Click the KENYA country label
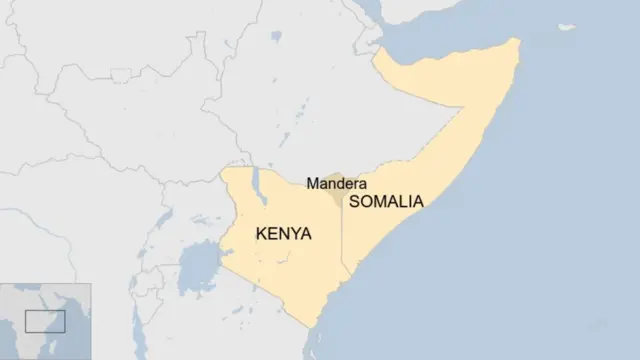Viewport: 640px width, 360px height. click(283, 234)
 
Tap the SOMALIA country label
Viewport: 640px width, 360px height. click(386, 201)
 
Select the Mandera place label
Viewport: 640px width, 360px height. click(335, 183)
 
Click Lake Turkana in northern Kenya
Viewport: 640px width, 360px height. click(259, 185)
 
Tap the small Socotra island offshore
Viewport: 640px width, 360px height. click(566, 27)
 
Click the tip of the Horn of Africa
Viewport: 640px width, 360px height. click(518, 42)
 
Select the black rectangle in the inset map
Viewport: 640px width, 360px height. click(45, 320)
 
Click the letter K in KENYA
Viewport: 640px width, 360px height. click(262, 234)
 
